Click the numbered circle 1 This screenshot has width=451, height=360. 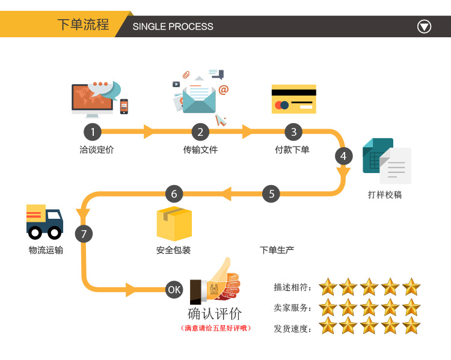(x=92, y=132)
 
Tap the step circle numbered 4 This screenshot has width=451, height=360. (x=343, y=156)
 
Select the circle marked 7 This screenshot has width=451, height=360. (x=84, y=234)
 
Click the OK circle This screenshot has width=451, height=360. (x=174, y=290)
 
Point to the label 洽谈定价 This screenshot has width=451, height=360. (x=96, y=150)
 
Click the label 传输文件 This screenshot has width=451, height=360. (x=200, y=150)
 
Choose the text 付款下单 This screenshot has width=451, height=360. (x=292, y=150)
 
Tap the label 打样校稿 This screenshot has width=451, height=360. (x=385, y=195)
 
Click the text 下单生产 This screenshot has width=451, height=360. (x=277, y=250)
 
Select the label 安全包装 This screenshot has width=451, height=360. (x=173, y=250)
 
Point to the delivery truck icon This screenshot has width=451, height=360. (x=44, y=221)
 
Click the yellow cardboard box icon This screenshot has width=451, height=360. (x=174, y=224)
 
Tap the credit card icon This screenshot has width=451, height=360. (x=293, y=99)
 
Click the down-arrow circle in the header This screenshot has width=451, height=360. (x=425, y=26)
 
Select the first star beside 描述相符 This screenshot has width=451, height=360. (x=328, y=287)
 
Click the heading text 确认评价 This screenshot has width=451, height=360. (x=215, y=314)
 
